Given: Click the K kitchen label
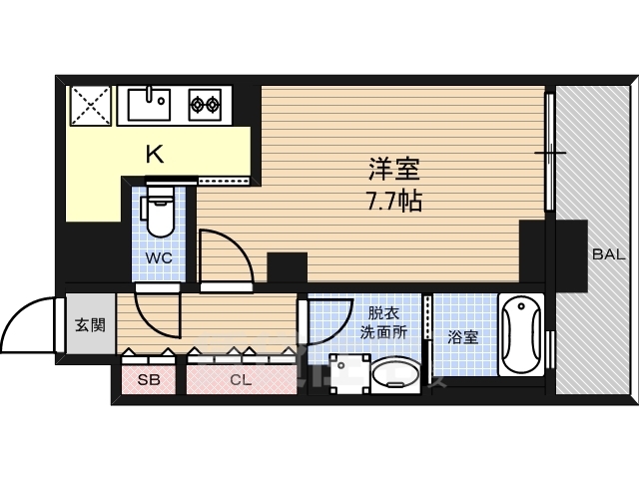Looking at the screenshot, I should coord(155,154).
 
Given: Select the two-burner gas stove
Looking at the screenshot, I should coord(205,102).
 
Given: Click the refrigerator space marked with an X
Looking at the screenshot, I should coord(91,104).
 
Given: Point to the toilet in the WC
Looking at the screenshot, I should coord(159,216).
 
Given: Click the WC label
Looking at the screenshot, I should coord(159,257).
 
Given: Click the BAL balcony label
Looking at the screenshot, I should coord(608,254).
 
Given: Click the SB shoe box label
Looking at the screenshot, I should coord(148,380).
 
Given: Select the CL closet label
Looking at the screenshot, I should coord(240,380).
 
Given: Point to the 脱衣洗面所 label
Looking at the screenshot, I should coord(384,322).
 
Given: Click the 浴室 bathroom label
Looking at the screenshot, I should coord(462,337).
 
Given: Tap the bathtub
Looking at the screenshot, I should coord(520,335).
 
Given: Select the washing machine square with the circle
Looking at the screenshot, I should coord(347,375).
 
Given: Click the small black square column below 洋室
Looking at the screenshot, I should coord(288,268).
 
